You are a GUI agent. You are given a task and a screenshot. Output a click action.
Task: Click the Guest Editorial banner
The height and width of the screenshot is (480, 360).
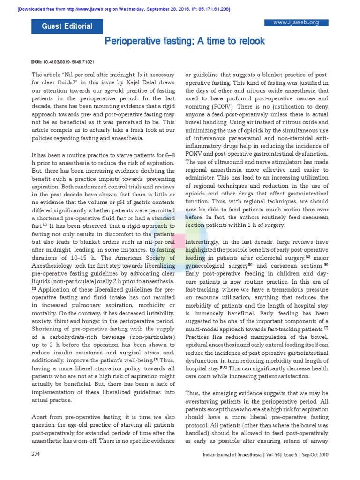coord(67,26)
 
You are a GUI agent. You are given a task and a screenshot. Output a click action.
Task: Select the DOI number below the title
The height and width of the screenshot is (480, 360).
coord(71,62)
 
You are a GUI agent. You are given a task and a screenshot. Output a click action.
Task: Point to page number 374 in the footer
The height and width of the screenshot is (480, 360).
coord(36,454)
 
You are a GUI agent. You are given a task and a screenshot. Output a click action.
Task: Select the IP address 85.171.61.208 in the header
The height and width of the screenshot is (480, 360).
coord(210,9)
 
